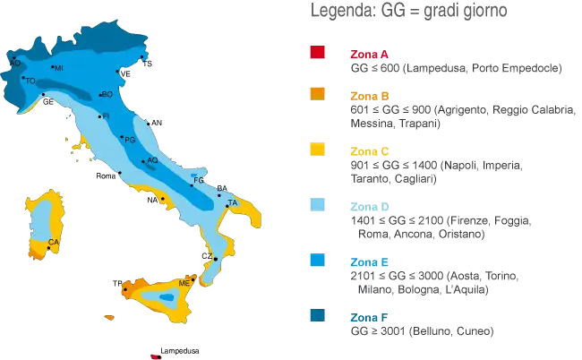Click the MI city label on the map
click(59, 68)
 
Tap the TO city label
click(31, 81)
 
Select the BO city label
click(107, 93)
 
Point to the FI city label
click(107, 116)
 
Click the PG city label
click(131, 141)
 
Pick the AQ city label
click(152, 160)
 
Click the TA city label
click(234, 204)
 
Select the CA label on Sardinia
click(54, 243)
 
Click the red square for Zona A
click(317, 53)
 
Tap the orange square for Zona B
click(317, 95)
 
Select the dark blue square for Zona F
click(317, 316)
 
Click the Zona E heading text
click(369, 263)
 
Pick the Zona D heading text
click(369, 207)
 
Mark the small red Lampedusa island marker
click(153, 352)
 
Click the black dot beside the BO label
click(100, 92)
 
